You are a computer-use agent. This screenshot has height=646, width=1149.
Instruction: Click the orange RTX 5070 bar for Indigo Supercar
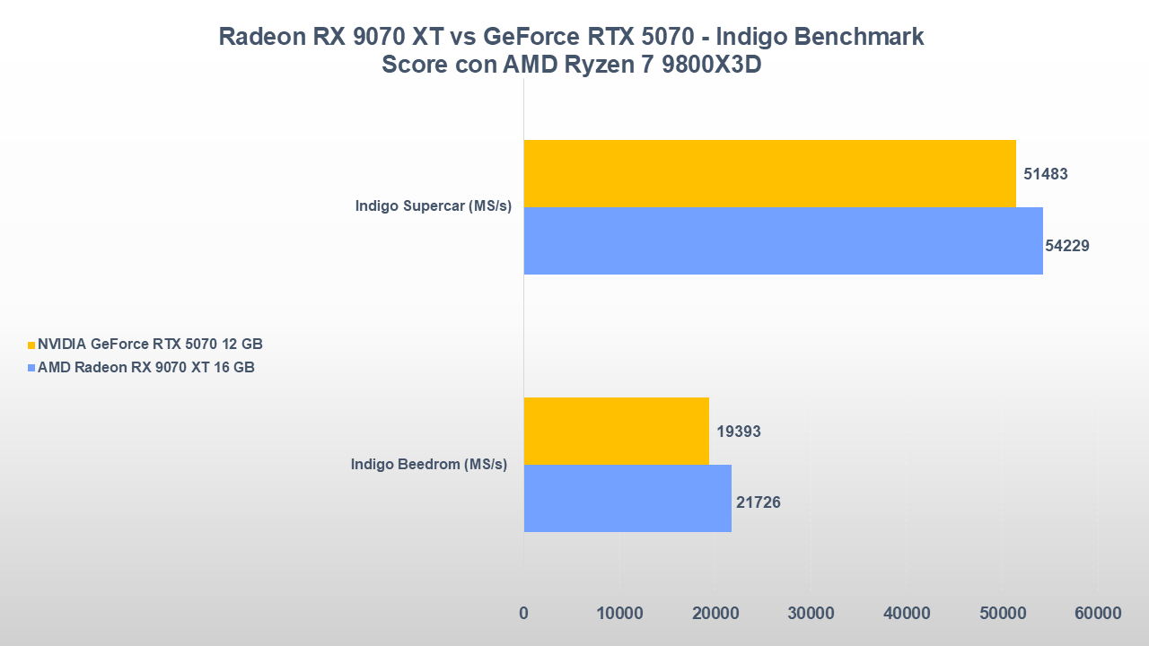pyautogui.click(x=769, y=173)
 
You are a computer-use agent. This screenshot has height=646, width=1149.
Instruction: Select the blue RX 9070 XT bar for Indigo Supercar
pyautogui.click(x=783, y=240)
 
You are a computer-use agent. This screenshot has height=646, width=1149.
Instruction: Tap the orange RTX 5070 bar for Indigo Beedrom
pyautogui.click(x=616, y=431)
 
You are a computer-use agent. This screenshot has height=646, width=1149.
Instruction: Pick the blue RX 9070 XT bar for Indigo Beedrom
pyautogui.click(x=627, y=498)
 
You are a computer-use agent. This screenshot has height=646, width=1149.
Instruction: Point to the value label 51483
pyautogui.click(x=1045, y=174)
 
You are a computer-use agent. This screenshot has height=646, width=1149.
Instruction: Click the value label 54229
pyautogui.click(x=1067, y=245)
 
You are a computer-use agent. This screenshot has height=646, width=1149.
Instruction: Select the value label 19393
pyautogui.click(x=739, y=432)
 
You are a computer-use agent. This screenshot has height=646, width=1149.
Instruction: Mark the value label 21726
pyautogui.click(x=759, y=502)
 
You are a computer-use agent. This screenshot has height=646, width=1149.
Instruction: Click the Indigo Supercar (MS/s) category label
pyautogui.click(x=433, y=206)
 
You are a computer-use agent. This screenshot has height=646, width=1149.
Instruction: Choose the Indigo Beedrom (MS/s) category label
pyautogui.click(x=429, y=464)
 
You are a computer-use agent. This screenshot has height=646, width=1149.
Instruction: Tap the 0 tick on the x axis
pyautogui.click(x=523, y=614)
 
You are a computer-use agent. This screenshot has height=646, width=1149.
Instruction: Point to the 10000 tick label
pyautogui.click(x=619, y=614)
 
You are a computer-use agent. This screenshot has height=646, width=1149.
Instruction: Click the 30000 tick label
pyautogui.click(x=811, y=614)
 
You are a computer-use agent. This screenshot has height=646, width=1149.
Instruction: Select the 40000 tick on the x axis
pyautogui.click(x=907, y=614)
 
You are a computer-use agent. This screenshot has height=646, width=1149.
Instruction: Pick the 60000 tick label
pyautogui.click(x=1098, y=614)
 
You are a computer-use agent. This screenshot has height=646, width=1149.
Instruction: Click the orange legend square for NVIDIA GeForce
pyautogui.click(x=32, y=345)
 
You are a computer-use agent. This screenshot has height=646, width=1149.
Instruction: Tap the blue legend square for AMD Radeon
pyautogui.click(x=32, y=368)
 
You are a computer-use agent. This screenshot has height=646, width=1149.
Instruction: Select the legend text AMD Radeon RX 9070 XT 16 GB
pyautogui.click(x=146, y=367)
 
